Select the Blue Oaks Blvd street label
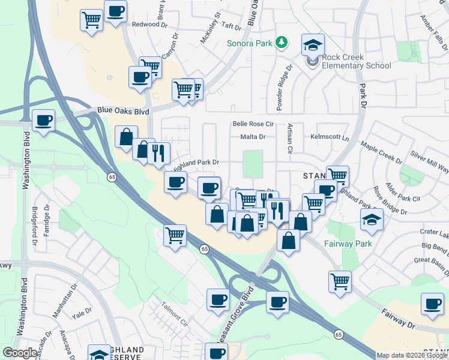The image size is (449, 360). point(123,111)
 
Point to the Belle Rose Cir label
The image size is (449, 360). point(253,124)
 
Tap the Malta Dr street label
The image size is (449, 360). point(253,136)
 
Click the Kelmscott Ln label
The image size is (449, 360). point(330,137)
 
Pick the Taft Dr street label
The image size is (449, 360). point(231,27)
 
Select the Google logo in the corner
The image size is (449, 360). point(20,353)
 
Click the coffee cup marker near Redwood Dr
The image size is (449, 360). point(115,11)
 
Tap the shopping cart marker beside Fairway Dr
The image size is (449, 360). point(340,281)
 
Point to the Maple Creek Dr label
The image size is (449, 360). point(381,152)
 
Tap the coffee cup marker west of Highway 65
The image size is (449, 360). point(44,119)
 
